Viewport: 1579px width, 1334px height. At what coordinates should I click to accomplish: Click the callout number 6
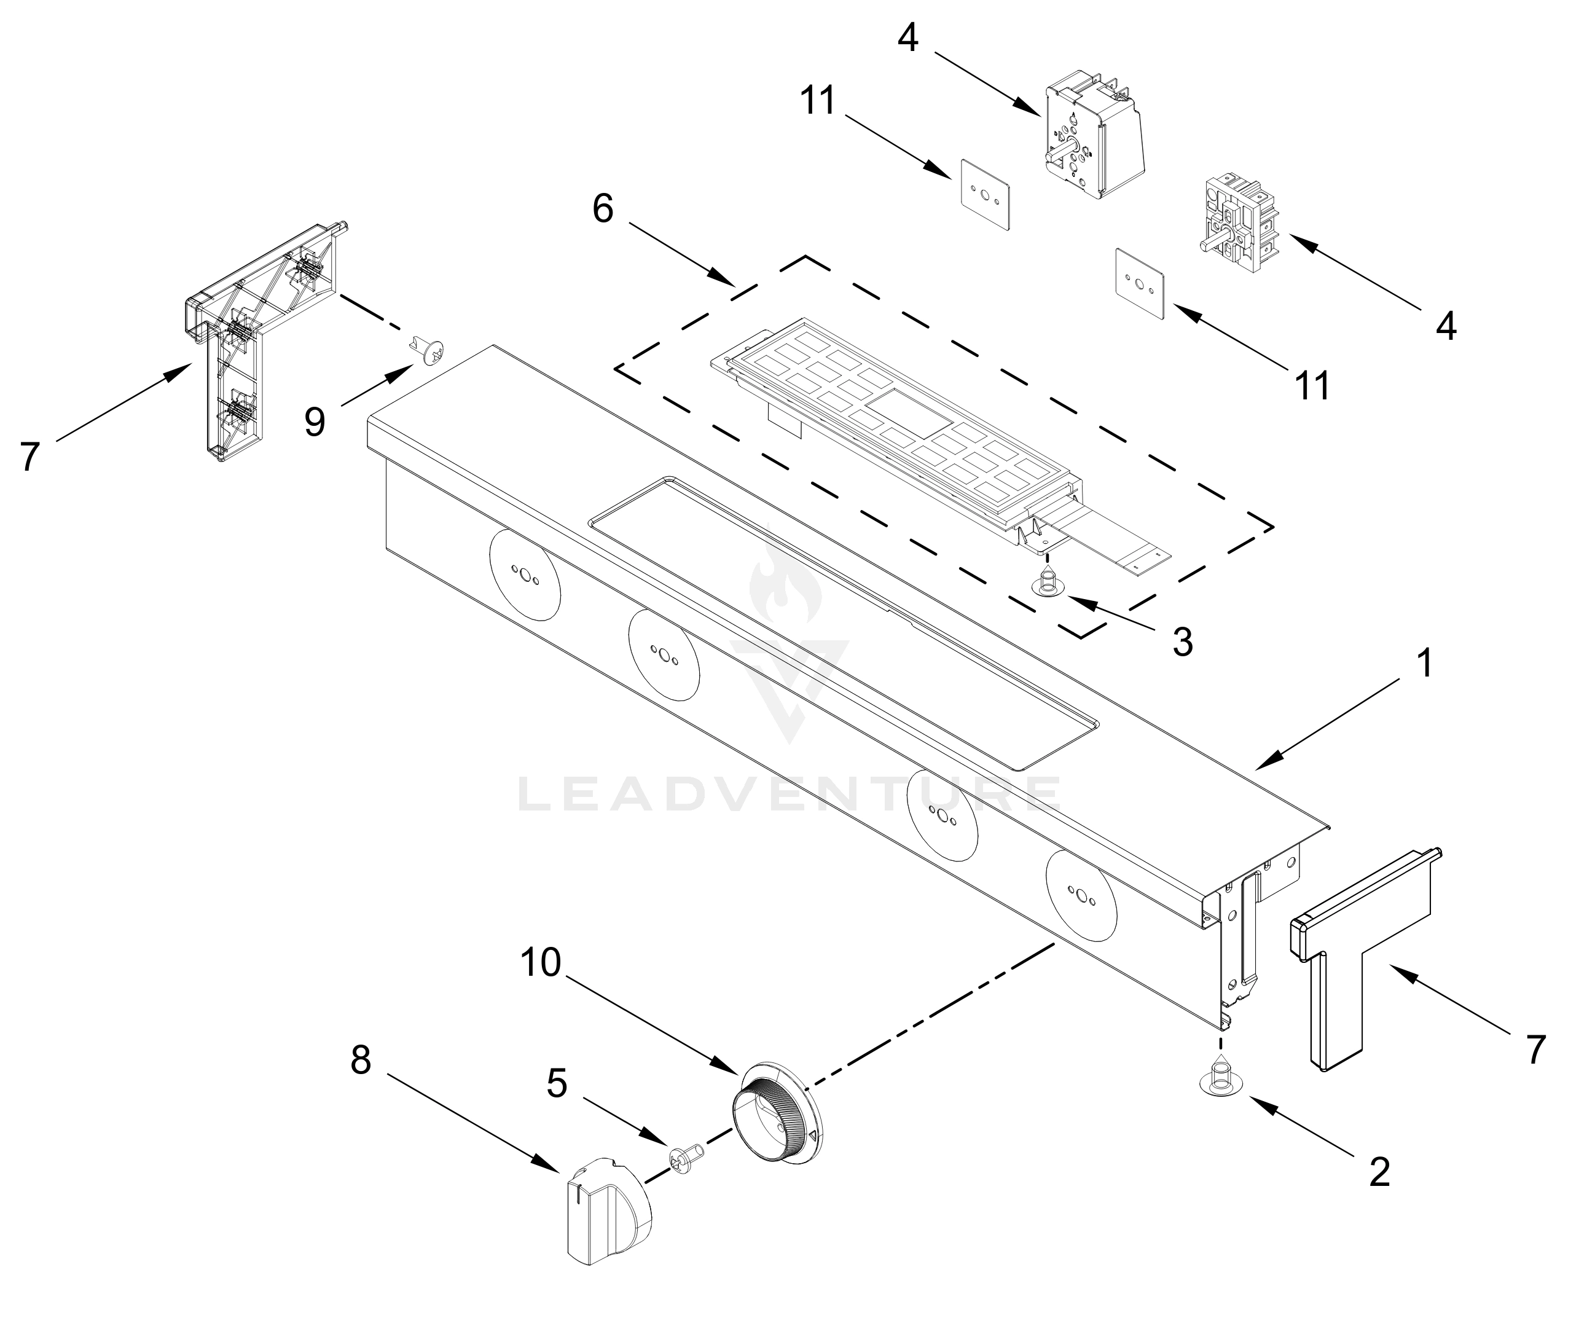tap(603, 209)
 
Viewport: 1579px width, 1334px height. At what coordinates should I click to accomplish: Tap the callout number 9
tap(315, 422)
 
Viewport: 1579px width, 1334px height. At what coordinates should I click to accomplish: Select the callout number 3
tap(1182, 641)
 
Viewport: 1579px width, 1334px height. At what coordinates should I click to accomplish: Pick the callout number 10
tap(541, 963)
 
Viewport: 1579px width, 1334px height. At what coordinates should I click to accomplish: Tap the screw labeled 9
tap(429, 350)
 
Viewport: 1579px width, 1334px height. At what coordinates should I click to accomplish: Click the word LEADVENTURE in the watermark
tap(789, 795)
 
